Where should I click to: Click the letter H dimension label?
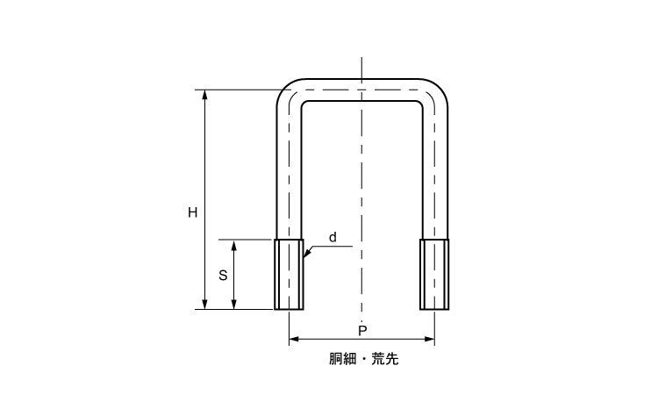pos(193,212)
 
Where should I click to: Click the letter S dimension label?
pos(223,276)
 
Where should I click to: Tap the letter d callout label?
pos(333,238)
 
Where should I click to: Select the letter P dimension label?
pos(362,331)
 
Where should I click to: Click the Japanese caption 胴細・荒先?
pos(363,359)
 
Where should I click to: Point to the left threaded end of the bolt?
pos(289,275)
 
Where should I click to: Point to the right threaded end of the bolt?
pos(434,275)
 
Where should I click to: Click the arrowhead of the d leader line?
pos(307,253)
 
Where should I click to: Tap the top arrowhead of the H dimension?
pos(204,95)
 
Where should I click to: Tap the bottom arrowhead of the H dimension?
pos(204,305)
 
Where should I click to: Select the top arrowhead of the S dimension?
pos(234,246)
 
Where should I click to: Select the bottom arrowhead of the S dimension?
pos(234,305)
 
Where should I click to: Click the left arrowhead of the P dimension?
pos(294,339)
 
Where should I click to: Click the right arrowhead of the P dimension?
pos(429,339)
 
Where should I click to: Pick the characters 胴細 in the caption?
pos(342,359)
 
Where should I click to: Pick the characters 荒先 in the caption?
pos(385,359)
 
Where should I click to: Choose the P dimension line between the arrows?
pos(361,339)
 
